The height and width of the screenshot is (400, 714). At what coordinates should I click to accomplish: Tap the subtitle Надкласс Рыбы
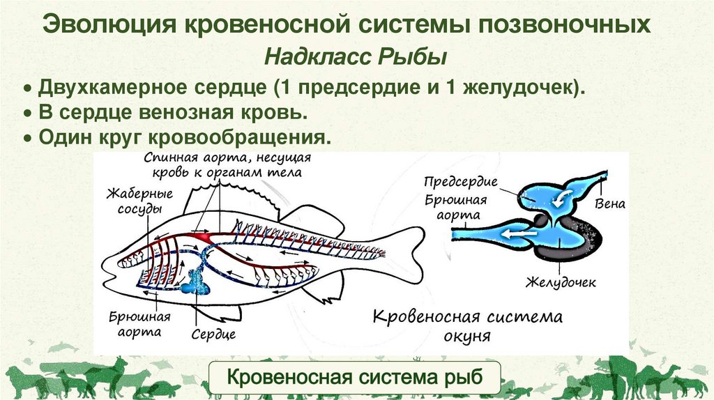tap(356, 56)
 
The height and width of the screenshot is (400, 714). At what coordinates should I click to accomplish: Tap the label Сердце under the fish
tap(213, 334)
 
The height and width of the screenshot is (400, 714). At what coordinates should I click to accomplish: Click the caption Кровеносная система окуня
tap(466, 325)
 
